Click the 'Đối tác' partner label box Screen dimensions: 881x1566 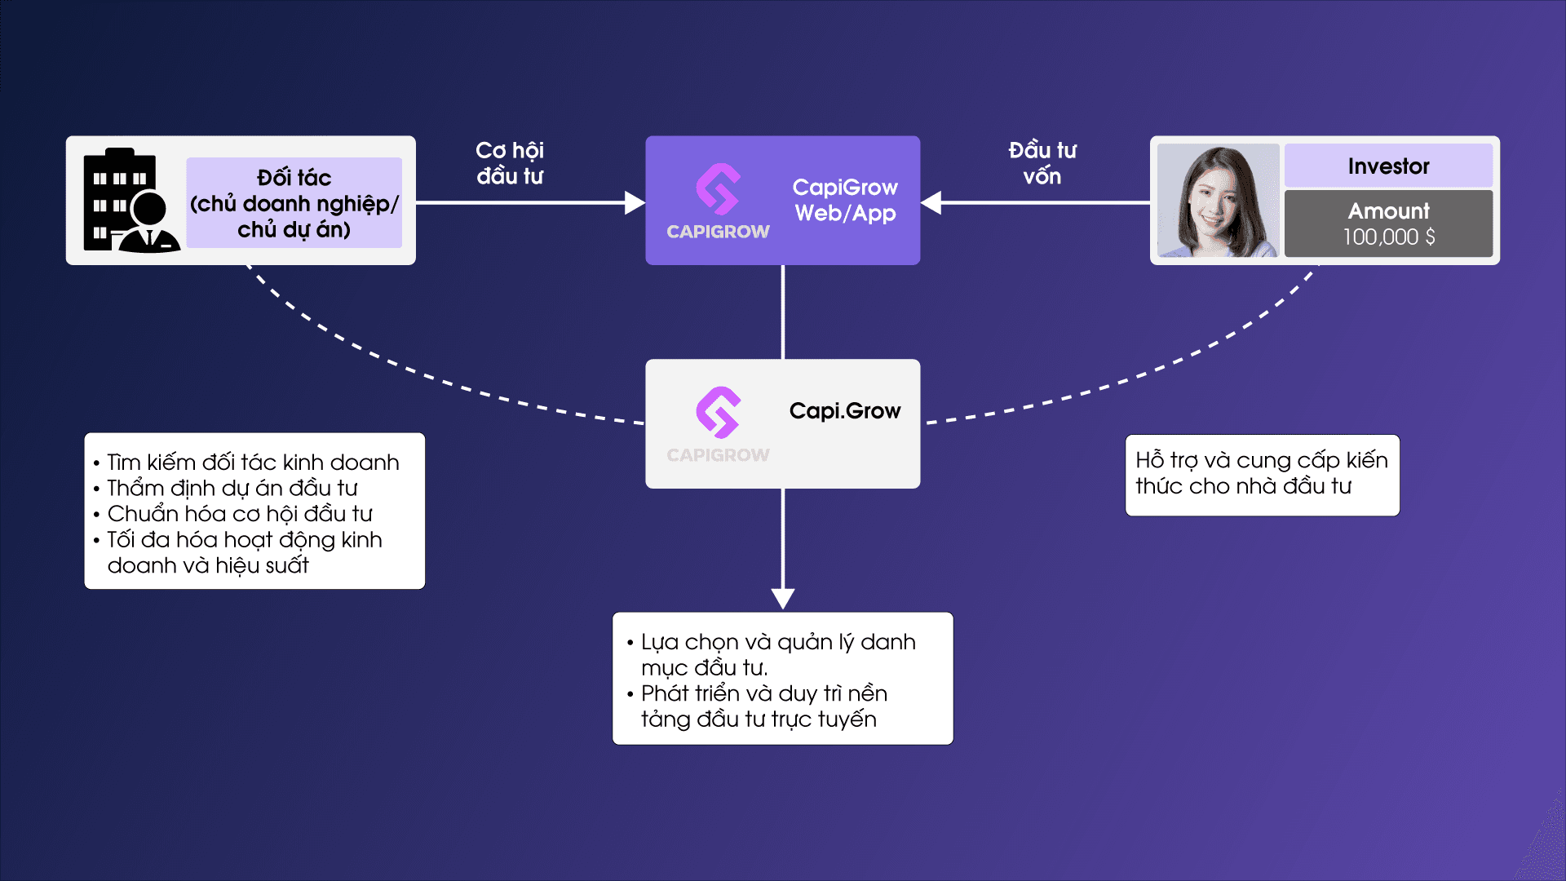(x=294, y=203)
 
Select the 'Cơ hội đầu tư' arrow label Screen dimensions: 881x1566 (x=510, y=163)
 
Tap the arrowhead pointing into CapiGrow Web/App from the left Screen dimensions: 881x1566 (x=635, y=202)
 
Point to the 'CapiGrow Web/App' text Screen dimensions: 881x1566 (x=845, y=200)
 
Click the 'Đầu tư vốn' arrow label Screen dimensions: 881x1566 (x=1042, y=163)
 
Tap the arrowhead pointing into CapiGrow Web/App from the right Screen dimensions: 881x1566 (x=931, y=202)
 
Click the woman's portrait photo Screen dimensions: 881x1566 (x=1218, y=201)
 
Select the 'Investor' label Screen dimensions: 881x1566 (x=1388, y=166)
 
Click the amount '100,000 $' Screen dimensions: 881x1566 (x=1388, y=237)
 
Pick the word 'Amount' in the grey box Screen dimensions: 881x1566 (x=1388, y=211)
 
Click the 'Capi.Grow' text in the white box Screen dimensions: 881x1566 (x=845, y=410)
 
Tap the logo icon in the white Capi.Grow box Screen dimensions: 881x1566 (x=718, y=412)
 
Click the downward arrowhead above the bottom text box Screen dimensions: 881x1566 (x=783, y=598)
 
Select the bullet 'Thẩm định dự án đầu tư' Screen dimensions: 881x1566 (x=232, y=488)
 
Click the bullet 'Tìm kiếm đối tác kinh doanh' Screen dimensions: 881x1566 (x=253, y=463)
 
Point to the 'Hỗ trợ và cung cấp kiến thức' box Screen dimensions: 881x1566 (x=1262, y=474)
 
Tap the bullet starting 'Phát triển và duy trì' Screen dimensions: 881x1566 (x=763, y=706)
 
